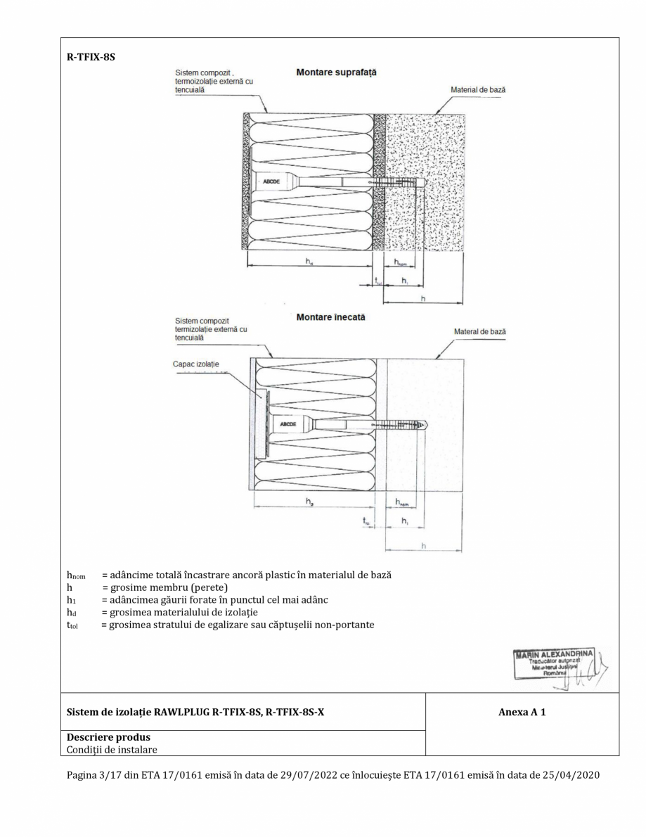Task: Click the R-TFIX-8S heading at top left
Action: (86, 57)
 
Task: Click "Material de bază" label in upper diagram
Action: (478, 90)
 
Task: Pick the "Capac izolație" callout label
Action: (196, 364)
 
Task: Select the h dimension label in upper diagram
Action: (422, 298)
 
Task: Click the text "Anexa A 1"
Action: (522, 713)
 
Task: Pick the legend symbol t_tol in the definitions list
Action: (72, 626)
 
